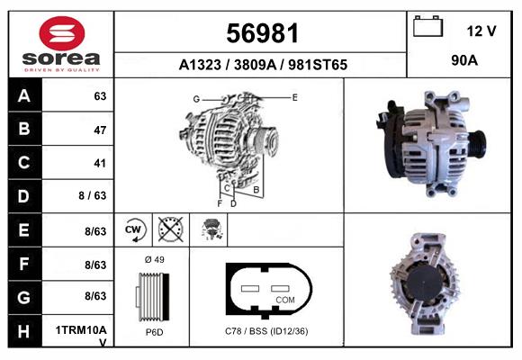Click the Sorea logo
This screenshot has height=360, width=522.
[61, 44]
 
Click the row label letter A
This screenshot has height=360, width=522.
[24, 96]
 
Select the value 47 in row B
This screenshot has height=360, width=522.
[99, 130]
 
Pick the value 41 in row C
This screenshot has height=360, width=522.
[99, 164]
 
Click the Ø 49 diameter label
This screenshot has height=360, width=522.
[153, 259]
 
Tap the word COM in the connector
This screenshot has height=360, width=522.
[284, 300]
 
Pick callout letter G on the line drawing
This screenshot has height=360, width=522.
[195, 98]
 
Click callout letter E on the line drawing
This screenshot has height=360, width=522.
[294, 95]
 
